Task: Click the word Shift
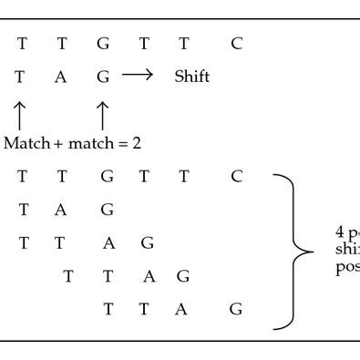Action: [x=191, y=77]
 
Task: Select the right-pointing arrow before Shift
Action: [x=137, y=77]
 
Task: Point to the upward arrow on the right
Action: [x=103, y=116]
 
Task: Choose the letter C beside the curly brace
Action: [x=237, y=177]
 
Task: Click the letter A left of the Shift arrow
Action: [x=61, y=77]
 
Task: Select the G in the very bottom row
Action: [x=236, y=310]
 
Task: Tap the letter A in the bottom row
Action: [x=181, y=310]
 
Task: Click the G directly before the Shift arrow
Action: [x=103, y=77]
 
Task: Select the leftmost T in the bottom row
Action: [x=108, y=310]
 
